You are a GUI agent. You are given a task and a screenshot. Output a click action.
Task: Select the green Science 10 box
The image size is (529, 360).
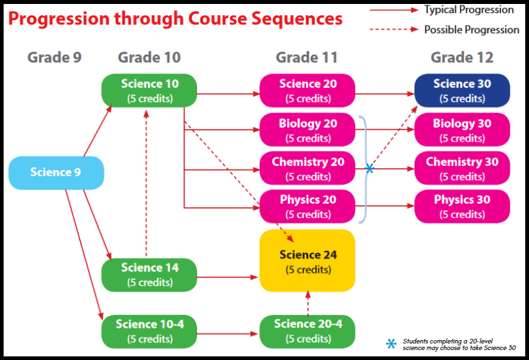point(149,90)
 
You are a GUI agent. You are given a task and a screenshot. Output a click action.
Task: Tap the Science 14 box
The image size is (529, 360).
point(149,275)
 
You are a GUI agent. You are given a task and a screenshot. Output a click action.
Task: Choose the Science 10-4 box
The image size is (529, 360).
point(149,331)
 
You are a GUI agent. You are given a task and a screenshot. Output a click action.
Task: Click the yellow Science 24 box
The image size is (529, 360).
point(307,261)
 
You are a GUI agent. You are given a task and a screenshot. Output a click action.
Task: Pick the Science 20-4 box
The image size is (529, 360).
point(307,331)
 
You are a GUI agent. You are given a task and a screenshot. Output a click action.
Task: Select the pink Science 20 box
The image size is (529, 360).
point(307,90)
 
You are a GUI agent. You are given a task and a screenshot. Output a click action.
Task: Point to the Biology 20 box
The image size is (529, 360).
point(307,130)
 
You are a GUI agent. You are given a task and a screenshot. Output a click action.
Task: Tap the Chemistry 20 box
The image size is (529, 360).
point(307,168)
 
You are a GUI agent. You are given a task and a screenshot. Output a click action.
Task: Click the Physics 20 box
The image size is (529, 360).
point(307,206)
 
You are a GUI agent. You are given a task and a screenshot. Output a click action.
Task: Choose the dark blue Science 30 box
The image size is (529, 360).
point(462,90)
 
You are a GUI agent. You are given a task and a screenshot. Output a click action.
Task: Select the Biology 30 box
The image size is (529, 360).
point(462,130)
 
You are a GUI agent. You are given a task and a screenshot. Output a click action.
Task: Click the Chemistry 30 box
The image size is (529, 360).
point(462,168)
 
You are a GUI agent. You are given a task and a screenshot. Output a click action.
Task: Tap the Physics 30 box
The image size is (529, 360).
point(462,206)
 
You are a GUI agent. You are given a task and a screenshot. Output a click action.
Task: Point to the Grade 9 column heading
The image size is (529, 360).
point(54,58)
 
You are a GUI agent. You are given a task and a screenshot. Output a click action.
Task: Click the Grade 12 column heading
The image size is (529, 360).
point(462,58)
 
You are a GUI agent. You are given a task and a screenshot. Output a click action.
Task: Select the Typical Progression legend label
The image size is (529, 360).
point(469,10)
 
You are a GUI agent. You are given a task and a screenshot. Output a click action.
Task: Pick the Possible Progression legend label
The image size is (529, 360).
point(471,30)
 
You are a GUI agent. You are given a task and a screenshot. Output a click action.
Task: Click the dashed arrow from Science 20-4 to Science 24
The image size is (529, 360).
point(307,303)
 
